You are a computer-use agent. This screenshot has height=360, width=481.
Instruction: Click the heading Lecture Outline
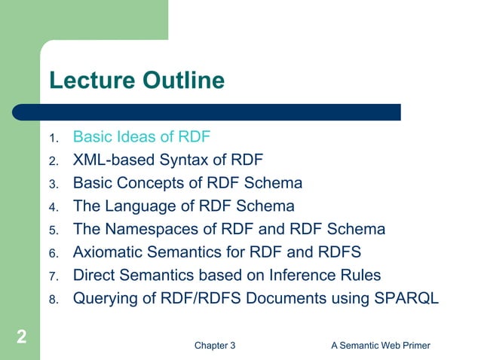[x=136, y=81]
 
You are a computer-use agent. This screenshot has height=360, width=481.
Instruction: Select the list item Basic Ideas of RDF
[x=141, y=137]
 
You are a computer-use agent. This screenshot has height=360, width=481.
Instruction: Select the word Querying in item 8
[x=104, y=298]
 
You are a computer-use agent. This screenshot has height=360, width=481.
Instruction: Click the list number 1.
[x=53, y=139]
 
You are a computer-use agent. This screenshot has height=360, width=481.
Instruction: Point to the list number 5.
[x=53, y=230]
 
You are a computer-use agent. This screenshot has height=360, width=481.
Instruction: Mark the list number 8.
[x=53, y=300]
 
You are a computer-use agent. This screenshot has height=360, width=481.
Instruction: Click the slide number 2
[x=21, y=337]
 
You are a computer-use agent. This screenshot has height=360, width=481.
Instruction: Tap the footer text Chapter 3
[x=215, y=346]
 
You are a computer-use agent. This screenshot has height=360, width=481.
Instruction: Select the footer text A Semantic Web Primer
[x=381, y=346]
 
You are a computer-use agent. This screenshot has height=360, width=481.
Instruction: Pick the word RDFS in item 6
[x=341, y=252]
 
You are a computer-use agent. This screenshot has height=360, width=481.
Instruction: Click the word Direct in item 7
[x=95, y=276]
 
